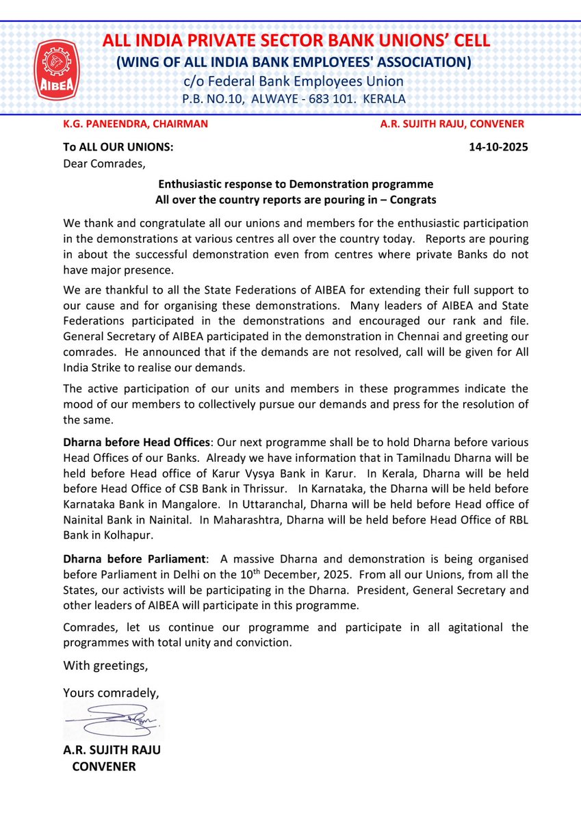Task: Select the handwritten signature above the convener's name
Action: point(113,719)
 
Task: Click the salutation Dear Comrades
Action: point(104,163)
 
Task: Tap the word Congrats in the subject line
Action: point(413,200)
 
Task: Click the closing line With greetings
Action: point(105,665)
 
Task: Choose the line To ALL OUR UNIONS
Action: point(118,146)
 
